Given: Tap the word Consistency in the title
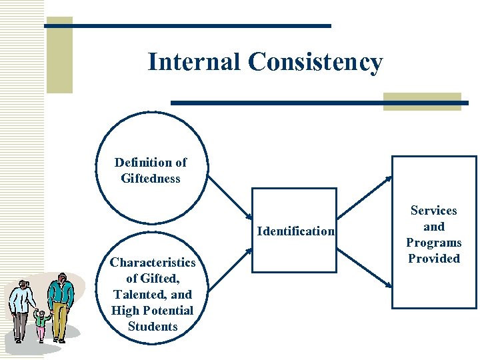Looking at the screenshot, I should [x=315, y=63].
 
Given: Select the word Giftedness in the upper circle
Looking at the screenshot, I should [x=151, y=178].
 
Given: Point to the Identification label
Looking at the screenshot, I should [x=295, y=231].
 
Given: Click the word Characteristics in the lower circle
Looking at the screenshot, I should [x=153, y=262].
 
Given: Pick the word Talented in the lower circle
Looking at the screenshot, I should [x=143, y=294].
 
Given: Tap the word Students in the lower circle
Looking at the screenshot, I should [x=153, y=326].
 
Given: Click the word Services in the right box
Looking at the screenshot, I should [x=433, y=210].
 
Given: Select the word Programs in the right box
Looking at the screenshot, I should [x=433, y=242].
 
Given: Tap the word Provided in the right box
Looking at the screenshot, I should [x=433, y=258].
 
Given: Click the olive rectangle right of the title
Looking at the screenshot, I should [x=422, y=101].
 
